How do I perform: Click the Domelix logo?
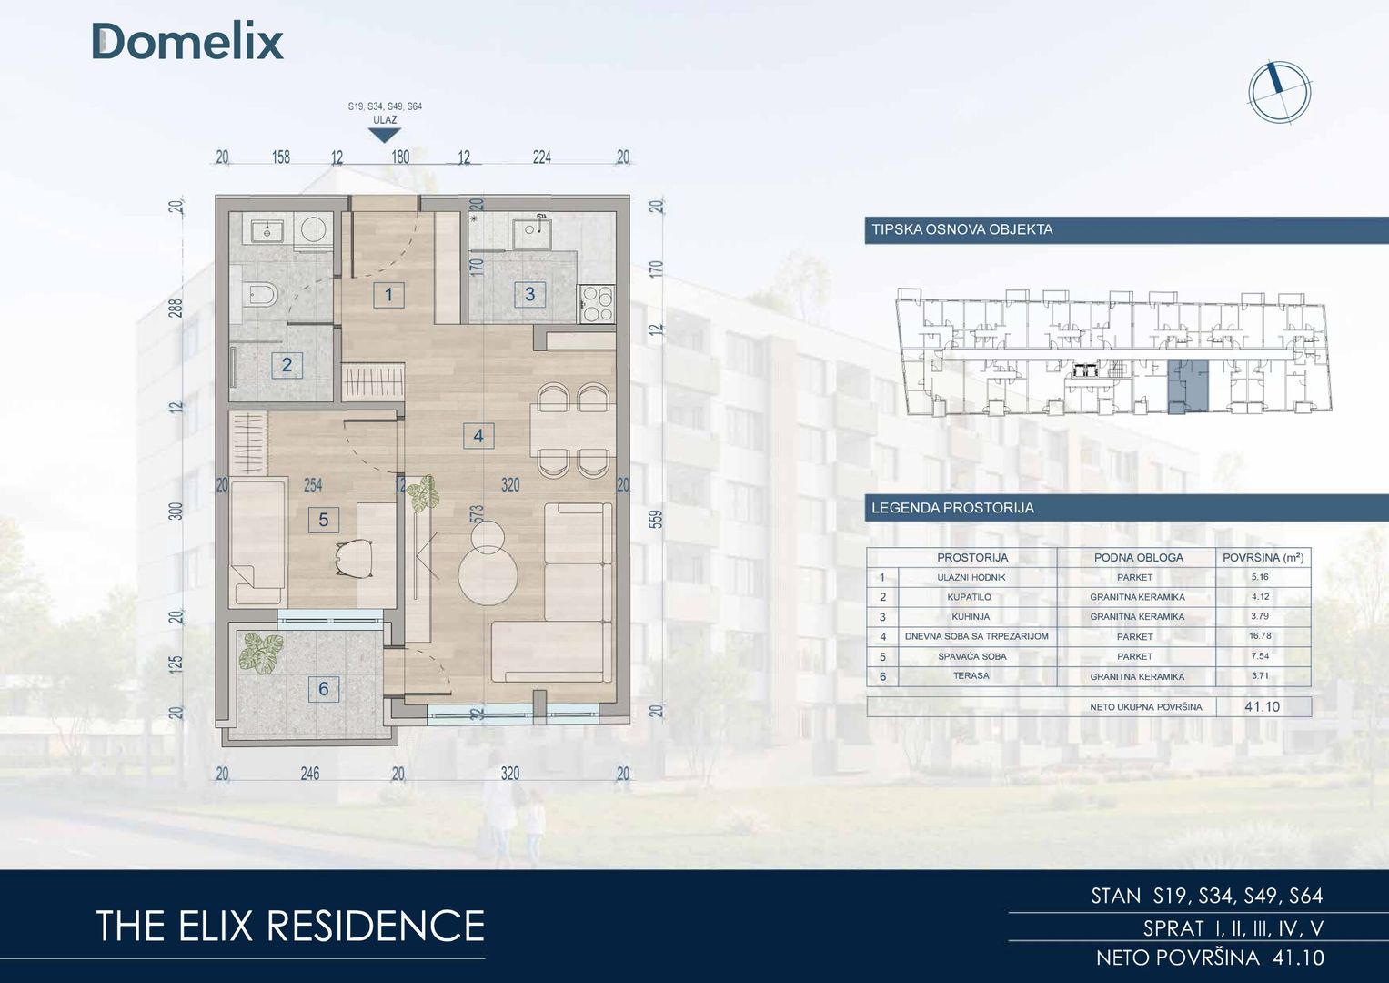pos(188,42)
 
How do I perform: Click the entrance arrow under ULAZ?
pos(385,135)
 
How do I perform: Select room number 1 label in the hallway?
pos(388,295)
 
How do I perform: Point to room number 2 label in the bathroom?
pos(287,365)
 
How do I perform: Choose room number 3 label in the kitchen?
pos(529,294)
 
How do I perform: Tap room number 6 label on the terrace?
pos(324,689)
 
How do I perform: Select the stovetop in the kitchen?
pos(597,303)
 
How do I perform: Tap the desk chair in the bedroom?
pos(354,558)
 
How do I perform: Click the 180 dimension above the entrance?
pos(400,157)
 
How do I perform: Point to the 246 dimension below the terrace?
pos(309,774)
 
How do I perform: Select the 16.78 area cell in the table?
pos(1260,636)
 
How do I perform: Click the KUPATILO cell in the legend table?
pos(971,597)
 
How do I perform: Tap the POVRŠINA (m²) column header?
pos(1263,557)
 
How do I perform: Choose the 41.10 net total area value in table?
pos(1263,707)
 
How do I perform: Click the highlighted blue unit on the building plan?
pos(1188,386)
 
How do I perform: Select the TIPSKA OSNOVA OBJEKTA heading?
pos(962,229)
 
